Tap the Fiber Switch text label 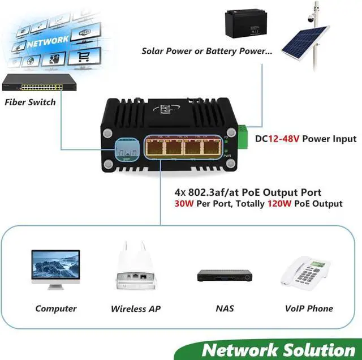(30, 102)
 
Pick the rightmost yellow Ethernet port (213, 148)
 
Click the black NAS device (224, 276)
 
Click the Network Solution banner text (278, 349)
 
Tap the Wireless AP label (136, 309)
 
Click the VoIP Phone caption (309, 308)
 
